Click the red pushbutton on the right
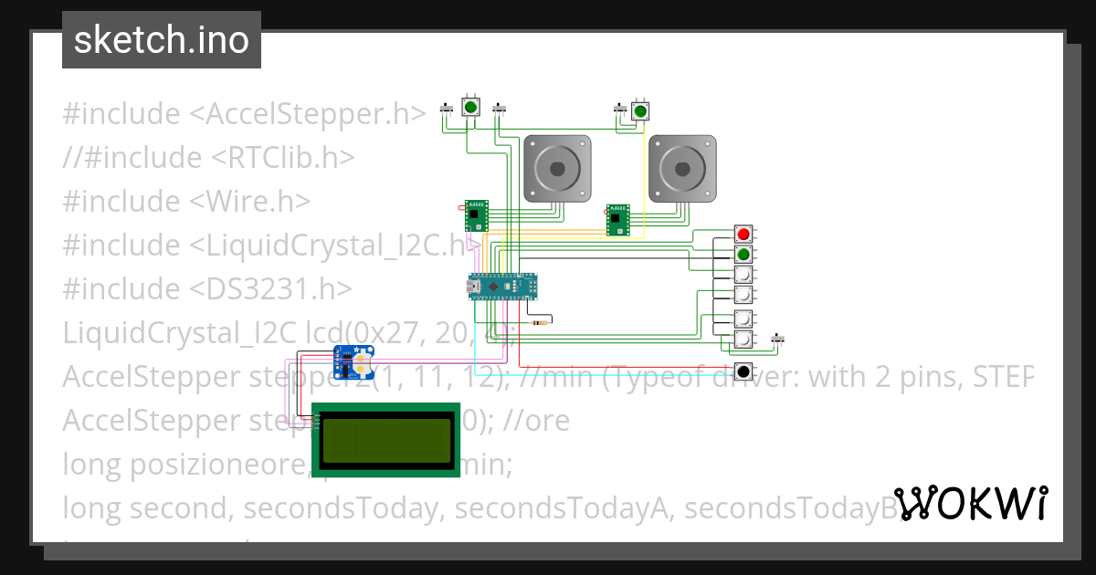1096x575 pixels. tap(743, 235)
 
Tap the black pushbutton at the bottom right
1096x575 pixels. tap(743, 371)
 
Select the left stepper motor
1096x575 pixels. tap(557, 168)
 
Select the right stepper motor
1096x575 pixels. tap(681, 168)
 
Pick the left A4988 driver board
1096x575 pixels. tap(476, 215)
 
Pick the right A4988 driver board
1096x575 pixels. tap(617, 220)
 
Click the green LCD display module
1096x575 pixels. tap(385, 440)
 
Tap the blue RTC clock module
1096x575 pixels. tap(353, 362)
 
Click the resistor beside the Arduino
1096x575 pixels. tap(545, 321)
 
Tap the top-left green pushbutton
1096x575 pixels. tap(471, 108)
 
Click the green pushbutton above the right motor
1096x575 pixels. tap(640, 111)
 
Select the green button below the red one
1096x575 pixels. tap(743, 254)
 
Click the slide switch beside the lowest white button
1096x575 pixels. tap(778, 340)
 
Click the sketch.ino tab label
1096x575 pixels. tap(162, 40)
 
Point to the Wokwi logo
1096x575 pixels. tap(971, 503)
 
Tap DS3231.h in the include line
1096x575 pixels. tap(270, 289)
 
